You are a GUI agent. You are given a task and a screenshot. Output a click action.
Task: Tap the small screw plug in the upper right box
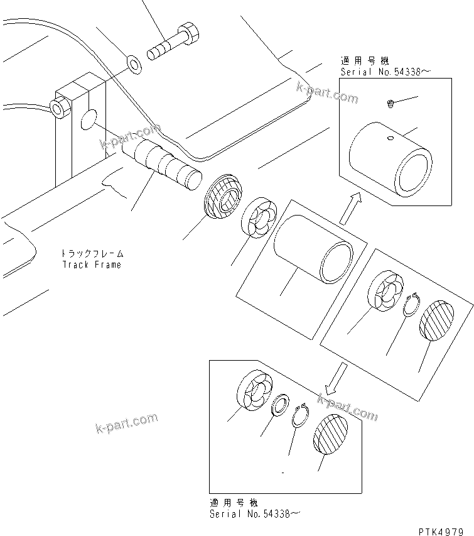pos(391,103)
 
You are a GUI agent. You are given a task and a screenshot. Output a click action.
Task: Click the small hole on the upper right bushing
pos(390,138)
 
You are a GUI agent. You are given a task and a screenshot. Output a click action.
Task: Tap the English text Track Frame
pos(92,265)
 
